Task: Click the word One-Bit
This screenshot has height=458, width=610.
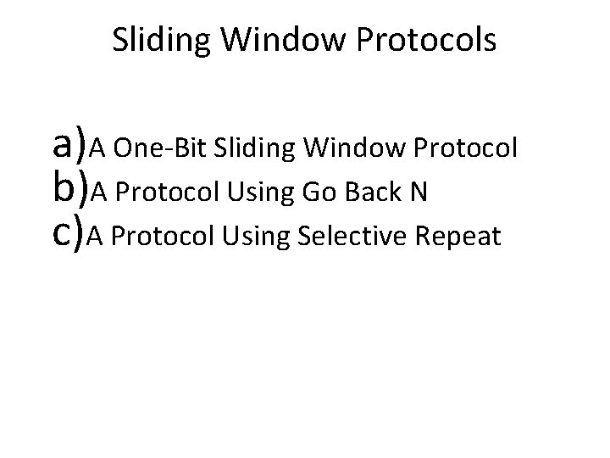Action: pos(160,149)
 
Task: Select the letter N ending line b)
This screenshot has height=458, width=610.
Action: pos(418,194)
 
